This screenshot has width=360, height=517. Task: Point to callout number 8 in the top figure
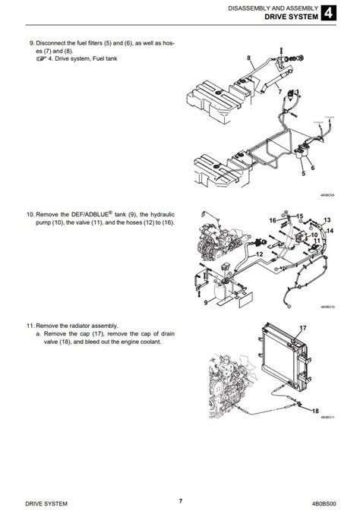[248, 58]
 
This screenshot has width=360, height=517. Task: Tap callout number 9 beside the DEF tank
[205, 302]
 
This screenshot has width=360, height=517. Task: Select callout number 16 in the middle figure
[272, 220]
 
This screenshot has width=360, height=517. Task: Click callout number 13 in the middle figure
[327, 220]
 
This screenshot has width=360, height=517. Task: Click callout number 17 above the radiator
[302, 328]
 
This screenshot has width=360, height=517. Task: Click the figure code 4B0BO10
[328, 307]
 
